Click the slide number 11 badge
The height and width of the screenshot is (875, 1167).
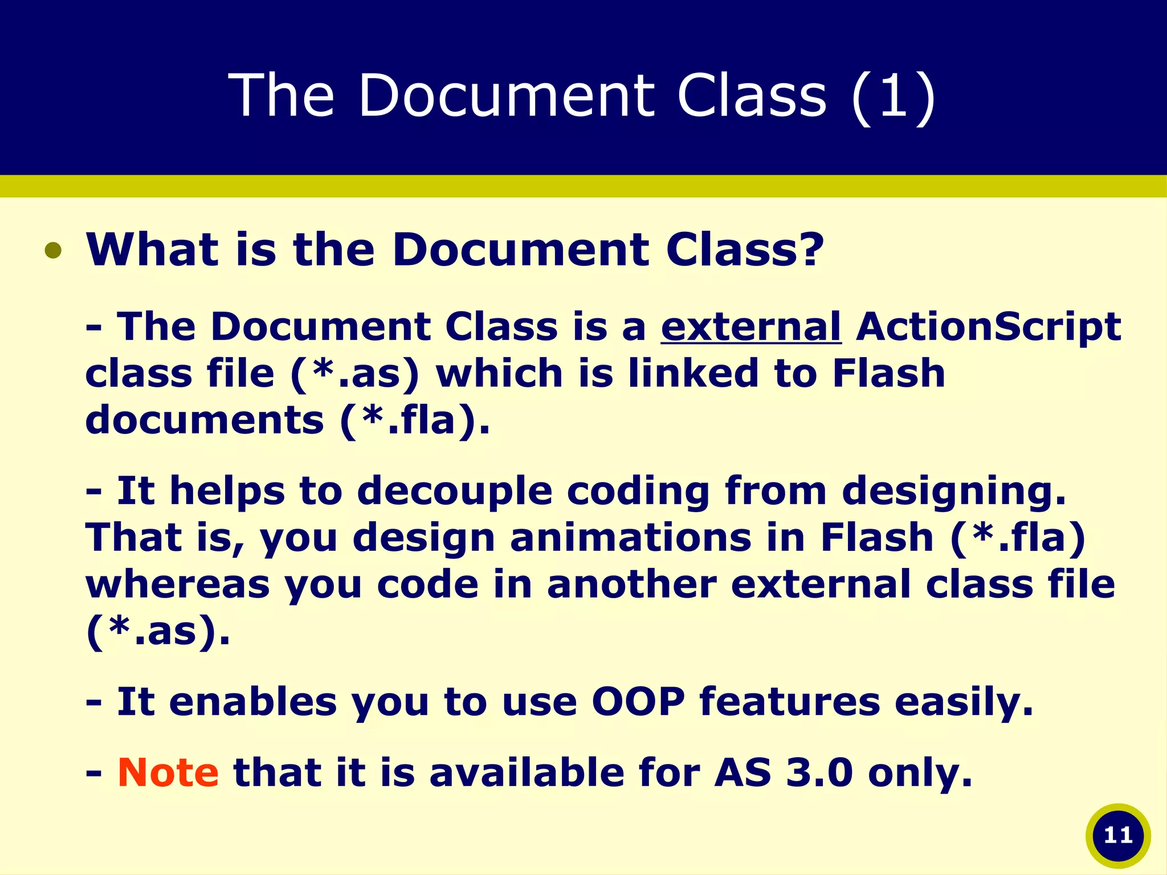1117,836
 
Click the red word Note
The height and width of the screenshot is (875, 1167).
168,772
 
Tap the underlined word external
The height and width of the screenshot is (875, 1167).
750,327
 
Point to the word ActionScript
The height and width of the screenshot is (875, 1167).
988,327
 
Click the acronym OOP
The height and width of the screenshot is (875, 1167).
638,701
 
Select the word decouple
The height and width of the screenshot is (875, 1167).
454,490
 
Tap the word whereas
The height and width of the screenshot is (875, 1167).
177,585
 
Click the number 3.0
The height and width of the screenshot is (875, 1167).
819,772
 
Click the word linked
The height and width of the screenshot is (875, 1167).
693,373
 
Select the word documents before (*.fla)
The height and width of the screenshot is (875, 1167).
205,420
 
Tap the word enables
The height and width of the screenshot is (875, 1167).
253,701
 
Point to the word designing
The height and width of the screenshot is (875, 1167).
953,490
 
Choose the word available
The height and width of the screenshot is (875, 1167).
527,772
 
